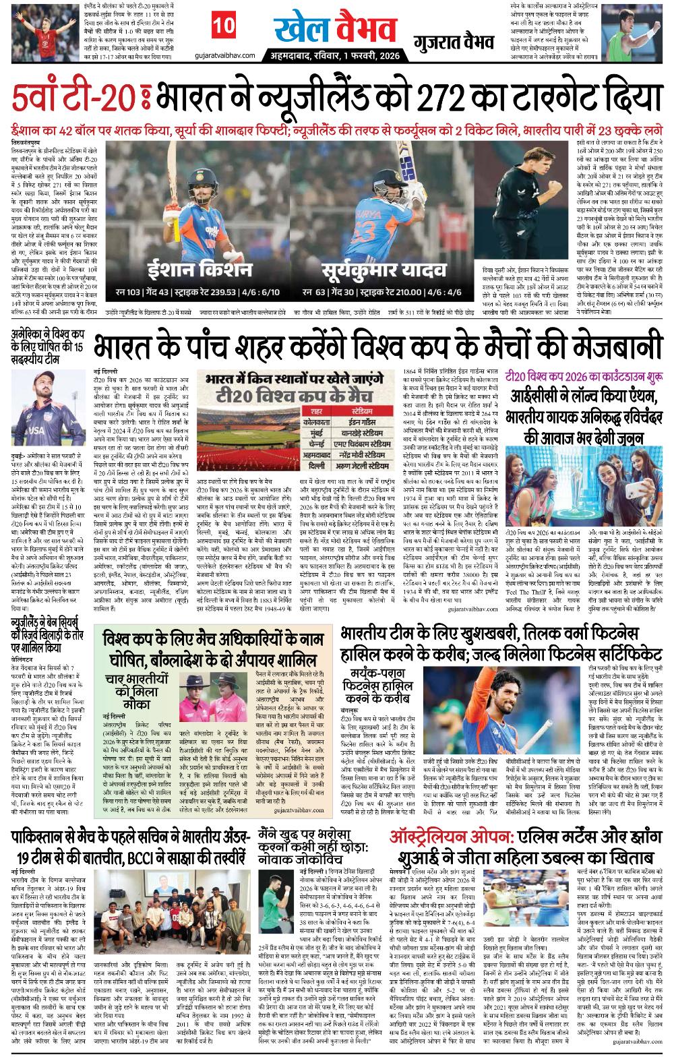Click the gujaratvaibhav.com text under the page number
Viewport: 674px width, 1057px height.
(219, 55)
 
